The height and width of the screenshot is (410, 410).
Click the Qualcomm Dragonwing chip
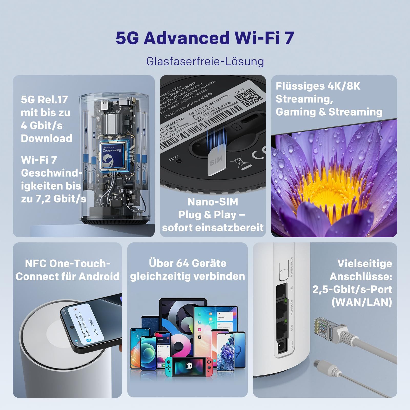(x=112, y=156)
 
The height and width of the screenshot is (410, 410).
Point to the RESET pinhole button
(x=180, y=161)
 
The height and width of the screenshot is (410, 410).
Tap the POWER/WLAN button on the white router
(x=283, y=274)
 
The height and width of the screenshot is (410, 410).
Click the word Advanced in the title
(x=187, y=38)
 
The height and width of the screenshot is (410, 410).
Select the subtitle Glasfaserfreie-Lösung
(x=205, y=61)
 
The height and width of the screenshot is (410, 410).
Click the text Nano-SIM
(x=213, y=202)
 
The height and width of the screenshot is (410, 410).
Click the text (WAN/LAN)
(x=362, y=302)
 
